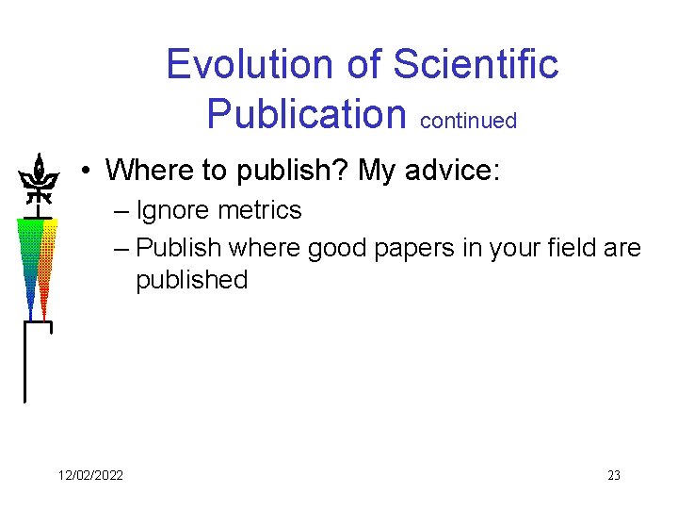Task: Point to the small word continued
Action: tap(468, 121)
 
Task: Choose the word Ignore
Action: tap(171, 210)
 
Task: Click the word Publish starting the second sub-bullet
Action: tap(179, 248)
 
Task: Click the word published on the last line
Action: tap(191, 280)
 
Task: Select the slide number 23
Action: tap(613, 475)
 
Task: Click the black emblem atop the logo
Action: tap(38, 178)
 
